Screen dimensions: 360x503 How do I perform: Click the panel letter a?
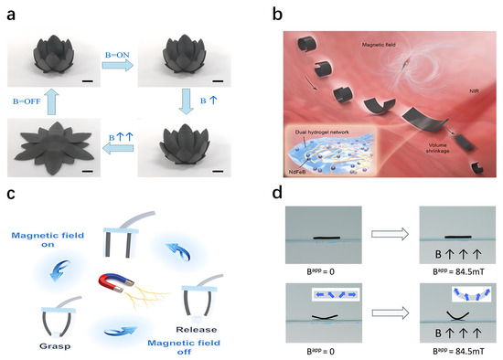pos(14,11)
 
